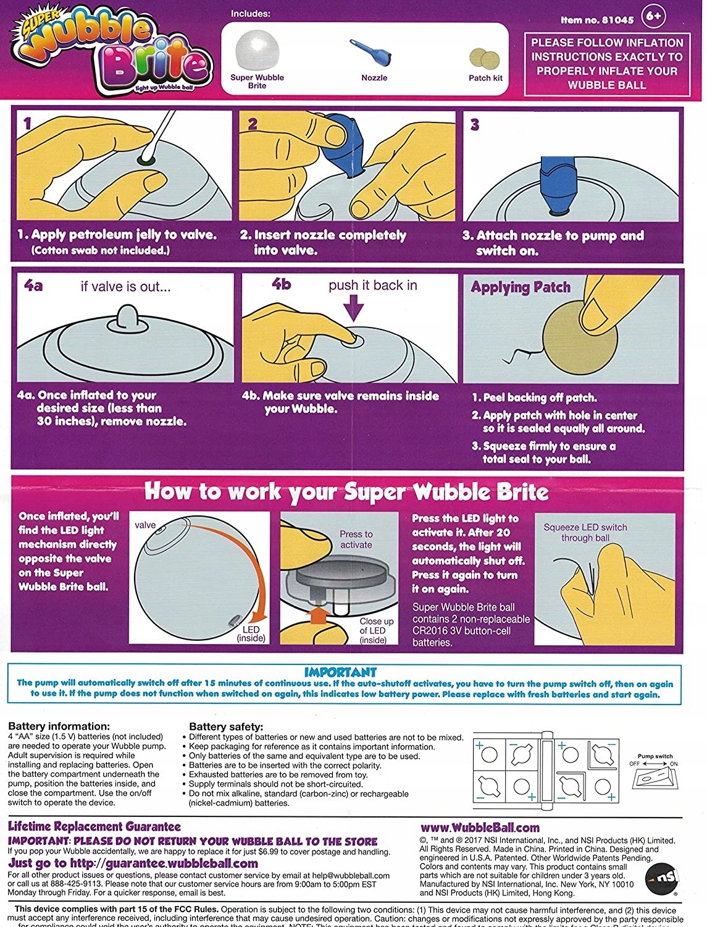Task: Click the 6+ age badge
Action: click(654, 17)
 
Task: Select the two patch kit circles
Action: click(485, 59)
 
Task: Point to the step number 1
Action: click(27, 123)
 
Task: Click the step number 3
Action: click(474, 124)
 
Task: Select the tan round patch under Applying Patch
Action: click(580, 337)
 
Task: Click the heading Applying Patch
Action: click(521, 287)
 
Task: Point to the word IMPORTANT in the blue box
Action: click(340, 672)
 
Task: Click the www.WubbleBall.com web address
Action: click(480, 828)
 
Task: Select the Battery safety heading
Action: click(226, 727)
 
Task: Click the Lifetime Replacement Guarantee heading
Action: click(94, 827)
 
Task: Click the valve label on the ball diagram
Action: click(145, 525)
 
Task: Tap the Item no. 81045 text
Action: click(596, 20)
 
